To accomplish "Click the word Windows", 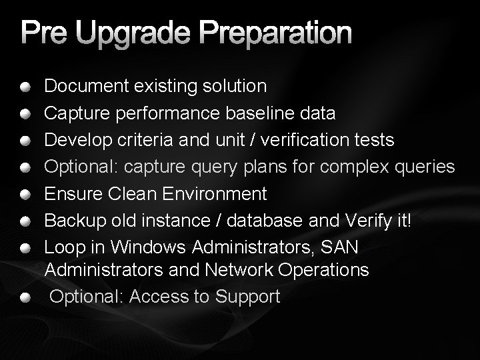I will pyautogui.click(x=149, y=247).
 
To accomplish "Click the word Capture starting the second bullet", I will pyautogui.click(x=77, y=113).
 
